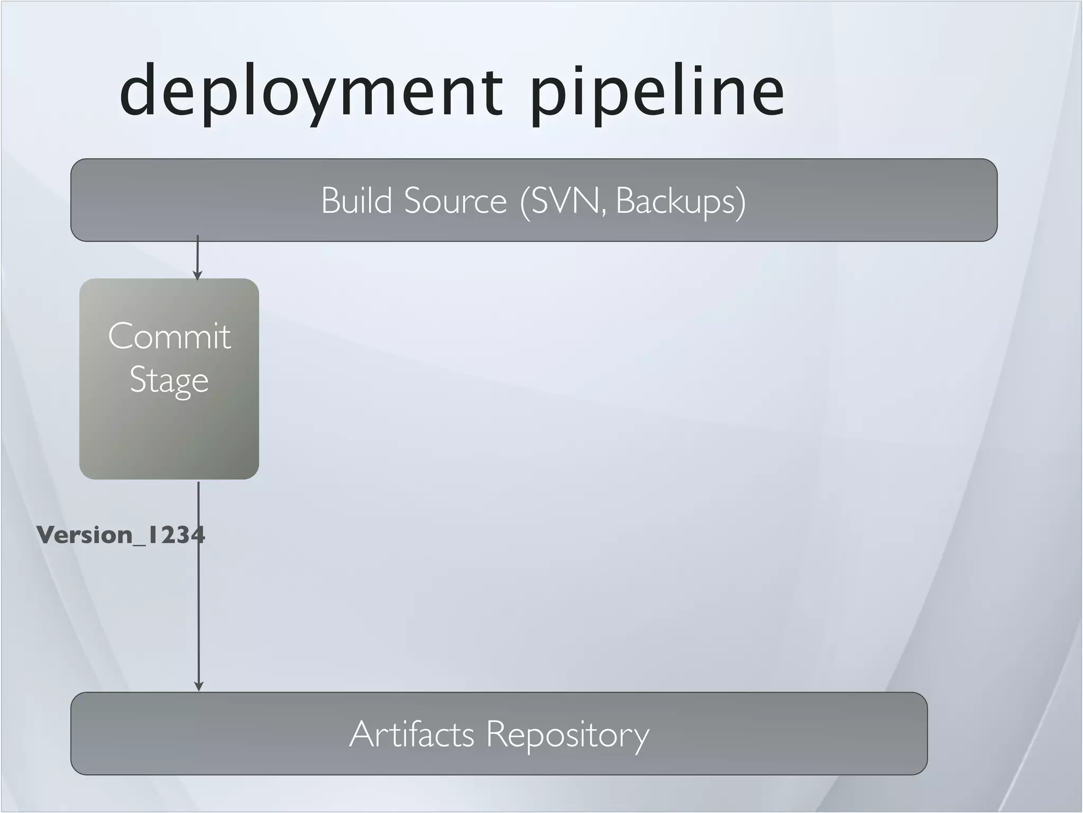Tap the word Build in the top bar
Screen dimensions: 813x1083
[x=356, y=201]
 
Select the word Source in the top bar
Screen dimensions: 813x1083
[x=455, y=201]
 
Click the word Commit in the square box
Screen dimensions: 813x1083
[x=169, y=336]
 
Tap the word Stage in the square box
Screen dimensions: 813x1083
[x=169, y=380]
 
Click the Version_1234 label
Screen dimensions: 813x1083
[x=121, y=535]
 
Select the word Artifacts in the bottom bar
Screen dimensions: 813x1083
[x=411, y=734]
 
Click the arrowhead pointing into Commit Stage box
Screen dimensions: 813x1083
[x=197, y=276]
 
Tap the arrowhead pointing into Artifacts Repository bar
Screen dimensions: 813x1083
[x=199, y=686]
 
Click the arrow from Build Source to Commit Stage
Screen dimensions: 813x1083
[x=197, y=257]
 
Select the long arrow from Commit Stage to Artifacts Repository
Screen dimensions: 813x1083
[x=198, y=609]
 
